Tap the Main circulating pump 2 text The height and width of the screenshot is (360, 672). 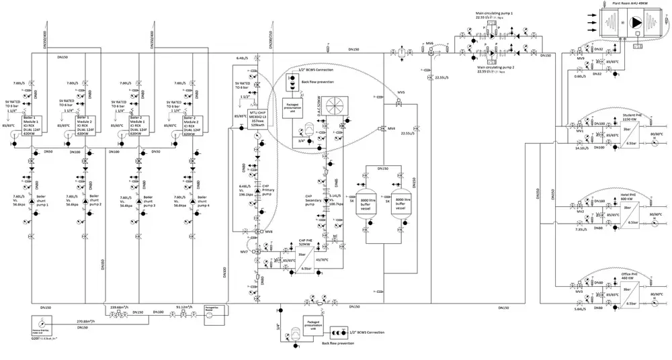tap(500, 68)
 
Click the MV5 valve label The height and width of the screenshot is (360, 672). tap(401, 92)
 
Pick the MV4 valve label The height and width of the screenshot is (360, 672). tap(392, 128)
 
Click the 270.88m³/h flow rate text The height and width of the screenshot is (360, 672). tap(91, 322)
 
